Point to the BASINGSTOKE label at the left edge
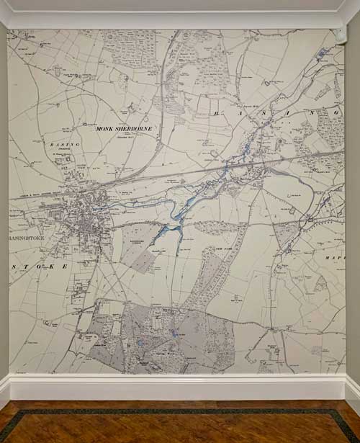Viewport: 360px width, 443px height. pyautogui.click(x=24, y=237)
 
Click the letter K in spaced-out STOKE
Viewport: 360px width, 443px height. pyautogui.click(x=51, y=266)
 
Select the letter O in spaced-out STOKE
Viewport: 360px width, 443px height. pyautogui.click(x=35, y=266)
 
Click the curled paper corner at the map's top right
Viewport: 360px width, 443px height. pyautogui.click(x=339, y=34)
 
